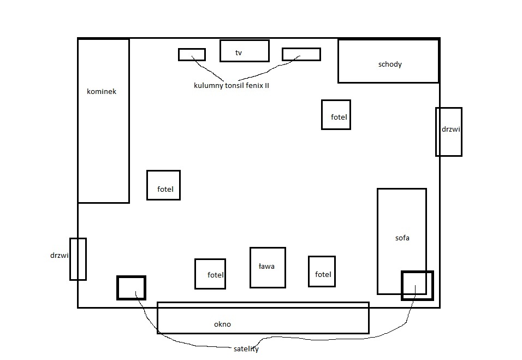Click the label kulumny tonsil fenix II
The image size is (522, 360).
pyautogui.click(x=232, y=86)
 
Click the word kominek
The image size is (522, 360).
pyautogui.click(x=102, y=92)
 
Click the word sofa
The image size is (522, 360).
pyautogui.click(x=402, y=238)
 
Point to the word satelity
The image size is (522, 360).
pyautogui.click(x=246, y=349)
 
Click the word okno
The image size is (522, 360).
pyautogui.click(x=222, y=324)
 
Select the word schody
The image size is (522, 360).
pyautogui.click(x=390, y=64)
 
